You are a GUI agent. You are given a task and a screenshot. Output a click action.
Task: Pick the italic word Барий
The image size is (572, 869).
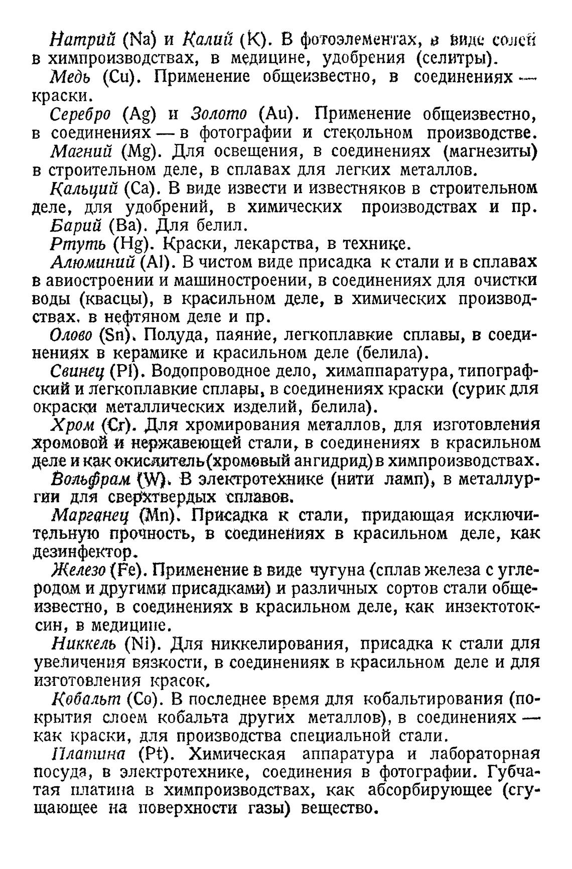point(75,225)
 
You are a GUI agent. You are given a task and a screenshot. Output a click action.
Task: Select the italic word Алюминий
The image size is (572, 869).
point(93,262)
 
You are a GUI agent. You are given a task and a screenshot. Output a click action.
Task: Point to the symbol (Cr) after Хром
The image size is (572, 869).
point(117,425)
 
